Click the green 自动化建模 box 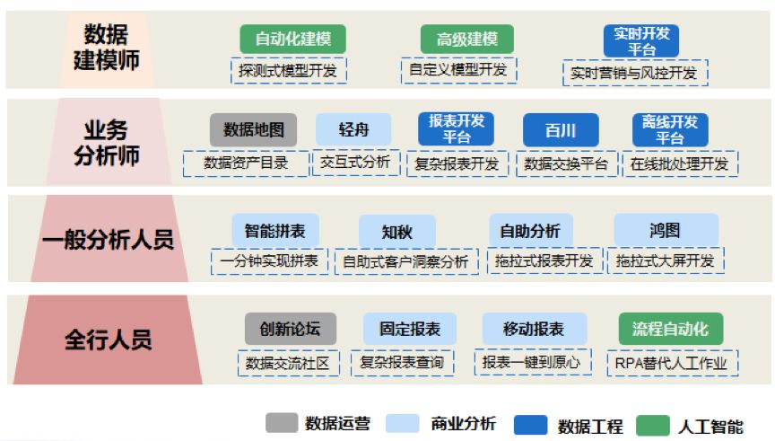pos(292,39)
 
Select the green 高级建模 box pos(466,39)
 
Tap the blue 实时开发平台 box pos(641,40)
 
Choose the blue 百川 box pos(560,129)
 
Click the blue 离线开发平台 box pos(669,129)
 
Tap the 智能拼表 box pos(269,230)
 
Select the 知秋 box pos(396,231)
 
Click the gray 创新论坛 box pos(290,329)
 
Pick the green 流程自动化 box pos(670,329)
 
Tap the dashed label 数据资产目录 pos(244,163)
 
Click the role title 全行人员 pos(108,340)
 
